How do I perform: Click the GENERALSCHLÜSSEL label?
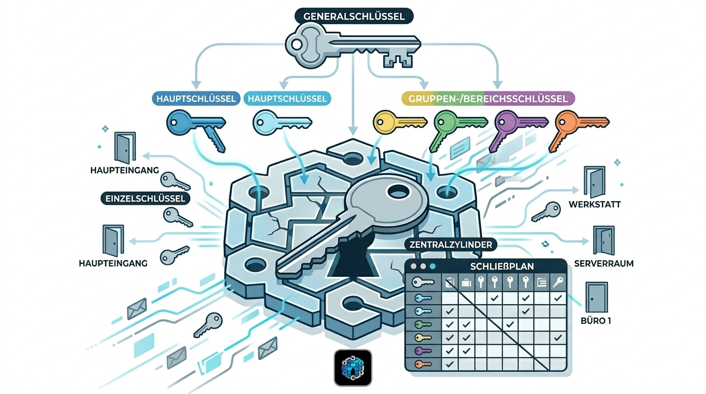pyautogui.click(x=354, y=16)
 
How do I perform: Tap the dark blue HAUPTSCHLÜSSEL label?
pyautogui.click(x=196, y=98)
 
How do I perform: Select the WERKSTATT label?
pyautogui.click(x=595, y=204)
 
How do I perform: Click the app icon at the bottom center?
pyautogui.click(x=353, y=367)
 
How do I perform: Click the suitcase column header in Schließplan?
pyautogui.click(x=466, y=282)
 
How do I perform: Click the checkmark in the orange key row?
pyautogui.click(x=450, y=364)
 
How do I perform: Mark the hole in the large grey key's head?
pyautogui.click(x=397, y=193)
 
